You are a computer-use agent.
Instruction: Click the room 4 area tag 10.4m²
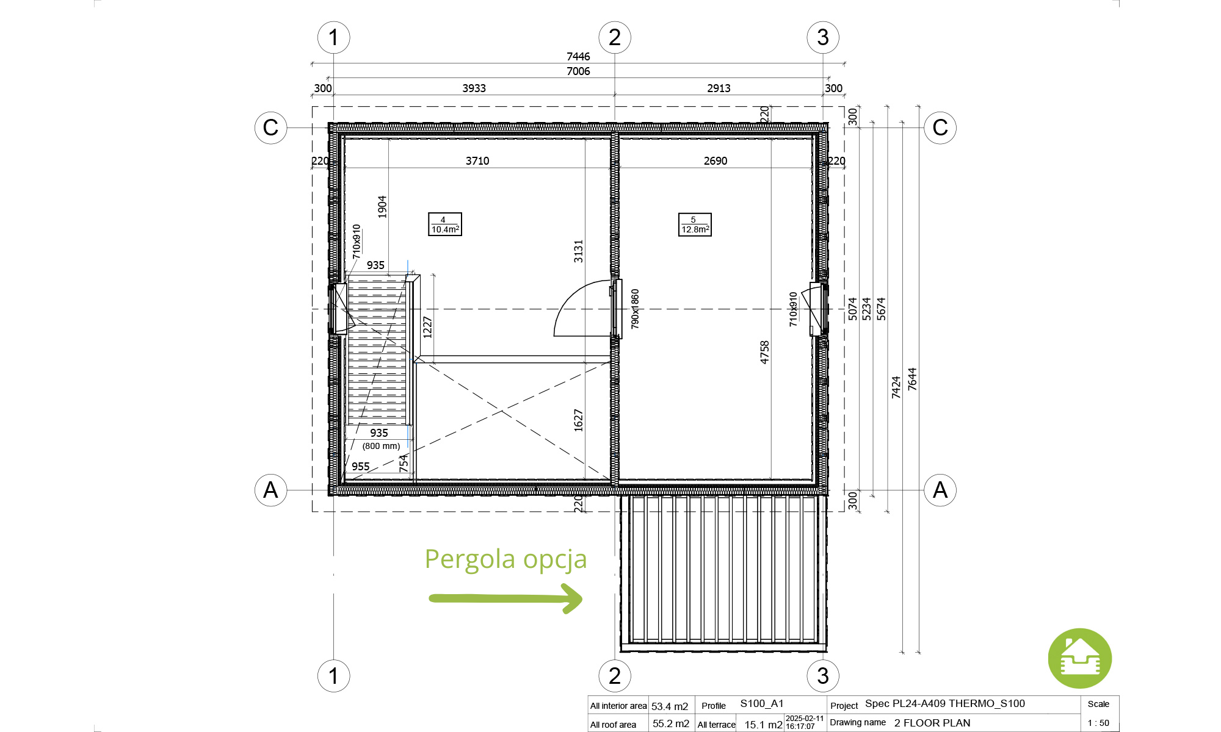[x=445, y=224]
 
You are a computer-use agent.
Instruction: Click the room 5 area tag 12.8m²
[x=695, y=224]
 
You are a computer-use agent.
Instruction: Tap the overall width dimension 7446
[x=578, y=57]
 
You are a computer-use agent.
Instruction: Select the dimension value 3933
[x=474, y=88]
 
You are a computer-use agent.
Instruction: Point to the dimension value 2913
[x=719, y=88]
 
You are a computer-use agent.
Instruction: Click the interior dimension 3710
[x=477, y=161]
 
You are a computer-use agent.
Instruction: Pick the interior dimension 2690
[x=716, y=161]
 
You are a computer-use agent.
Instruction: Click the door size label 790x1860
[x=635, y=309]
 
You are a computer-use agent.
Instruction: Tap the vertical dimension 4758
[x=764, y=353]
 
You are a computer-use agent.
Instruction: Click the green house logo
[x=1080, y=659]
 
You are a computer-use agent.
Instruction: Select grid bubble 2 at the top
[x=615, y=37]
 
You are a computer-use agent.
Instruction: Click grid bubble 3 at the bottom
[x=823, y=675]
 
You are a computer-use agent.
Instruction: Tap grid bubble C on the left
[x=270, y=127]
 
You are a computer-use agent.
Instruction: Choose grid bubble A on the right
[x=940, y=490]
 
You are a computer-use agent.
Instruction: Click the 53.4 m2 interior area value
[x=670, y=706]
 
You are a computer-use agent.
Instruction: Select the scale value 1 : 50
[x=1098, y=723]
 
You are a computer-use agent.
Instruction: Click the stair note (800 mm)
[x=381, y=446]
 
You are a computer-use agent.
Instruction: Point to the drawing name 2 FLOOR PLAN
[x=932, y=723]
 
